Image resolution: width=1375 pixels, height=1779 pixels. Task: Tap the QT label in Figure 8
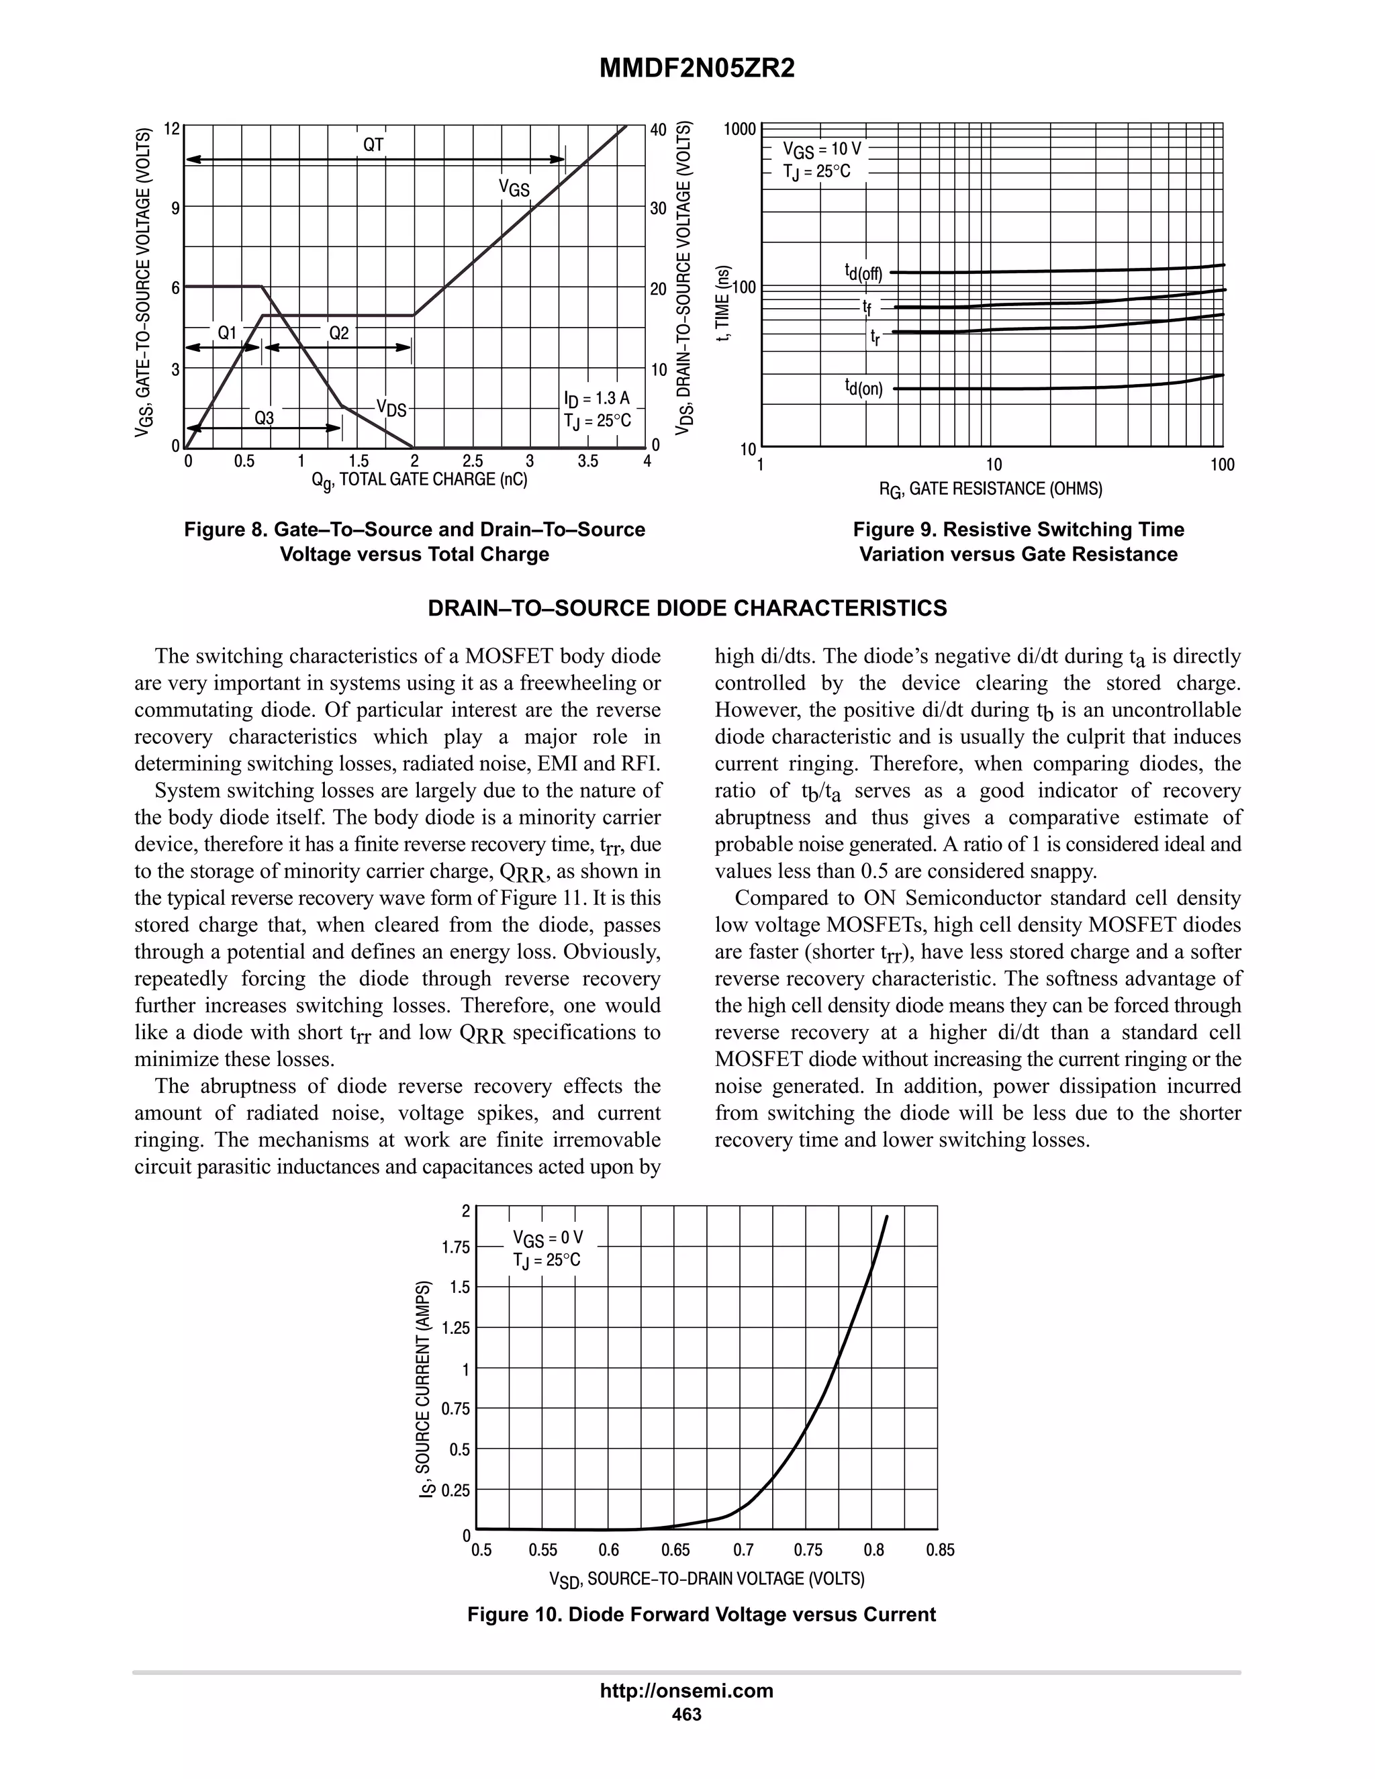pos(373,145)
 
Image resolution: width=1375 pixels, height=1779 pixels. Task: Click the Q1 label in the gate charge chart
pos(226,332)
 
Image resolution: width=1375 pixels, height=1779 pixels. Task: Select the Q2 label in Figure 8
pos(339,332)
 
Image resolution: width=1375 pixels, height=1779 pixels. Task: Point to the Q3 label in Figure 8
pos(264,418)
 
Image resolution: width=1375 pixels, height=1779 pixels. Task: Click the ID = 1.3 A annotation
pos(596,397)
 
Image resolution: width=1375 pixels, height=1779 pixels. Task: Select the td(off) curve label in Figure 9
pos(863,272)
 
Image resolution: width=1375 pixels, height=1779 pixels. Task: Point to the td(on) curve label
pos(863,388)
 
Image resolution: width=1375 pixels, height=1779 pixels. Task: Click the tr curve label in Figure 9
pos(875,336)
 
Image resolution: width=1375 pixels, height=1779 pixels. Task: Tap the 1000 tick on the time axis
pos(740,130)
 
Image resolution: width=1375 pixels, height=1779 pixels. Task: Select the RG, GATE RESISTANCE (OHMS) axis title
pos(990,489)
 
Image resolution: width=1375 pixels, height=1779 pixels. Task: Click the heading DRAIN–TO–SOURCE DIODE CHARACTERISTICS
pos(687,608)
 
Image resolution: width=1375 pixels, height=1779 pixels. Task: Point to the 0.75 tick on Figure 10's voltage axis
pos(808,1550)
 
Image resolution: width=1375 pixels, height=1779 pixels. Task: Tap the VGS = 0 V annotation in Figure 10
pos(547,1238)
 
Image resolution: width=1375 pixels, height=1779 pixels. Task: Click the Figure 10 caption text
pos(702,1615)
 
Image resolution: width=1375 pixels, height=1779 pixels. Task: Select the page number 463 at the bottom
pos(687,1715)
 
